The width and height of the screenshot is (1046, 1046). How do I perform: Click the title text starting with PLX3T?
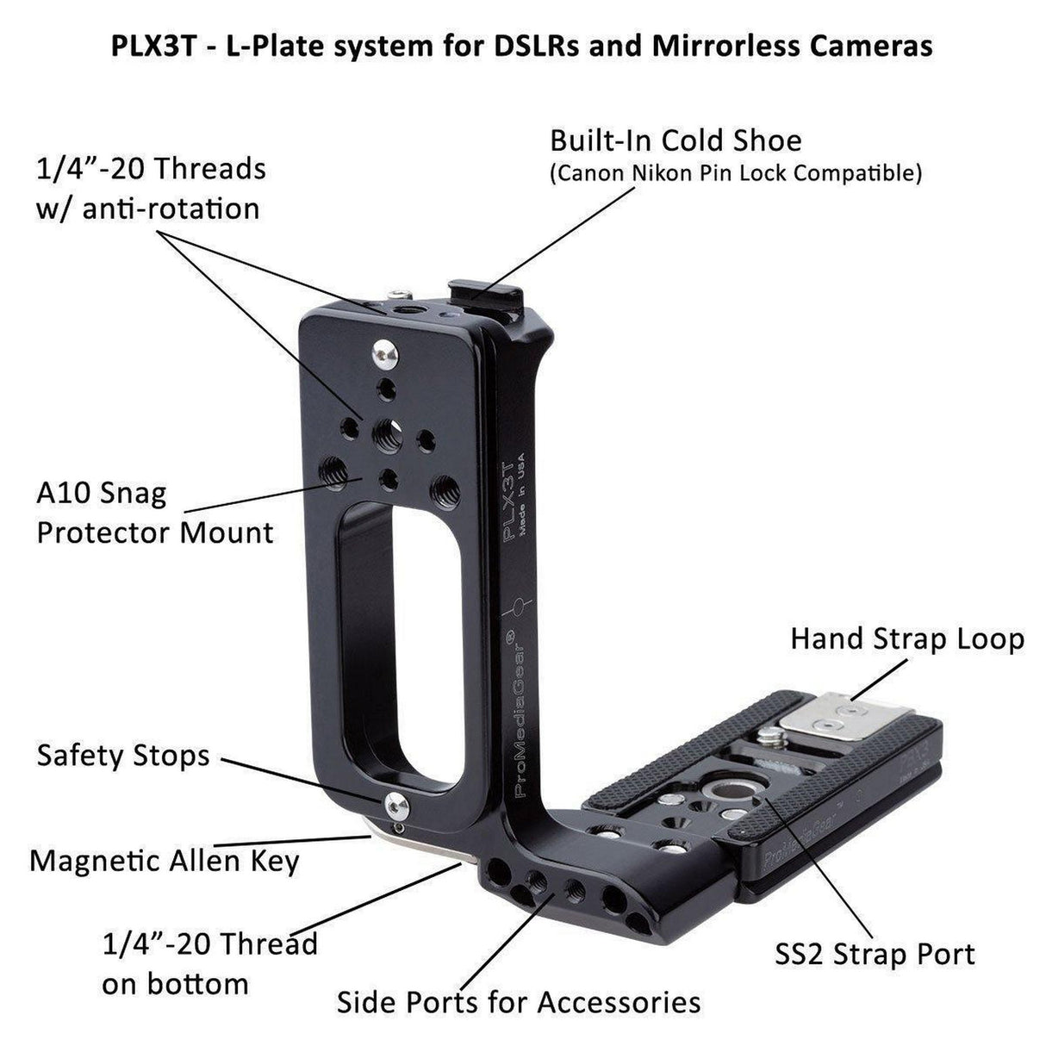coord(522,45)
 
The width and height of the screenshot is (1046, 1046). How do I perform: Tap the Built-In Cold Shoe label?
coord(676,140)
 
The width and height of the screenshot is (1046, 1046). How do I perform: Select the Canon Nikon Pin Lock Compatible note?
coord(736,173)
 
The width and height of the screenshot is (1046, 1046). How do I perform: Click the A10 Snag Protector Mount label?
coord(155,514)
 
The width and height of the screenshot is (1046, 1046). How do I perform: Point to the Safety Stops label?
coord(123,756)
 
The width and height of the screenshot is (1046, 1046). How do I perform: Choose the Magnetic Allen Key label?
coord(165,860)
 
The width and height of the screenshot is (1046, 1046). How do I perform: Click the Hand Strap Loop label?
coord(907,638)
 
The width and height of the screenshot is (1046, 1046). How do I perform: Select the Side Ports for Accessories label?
coord(518,1002)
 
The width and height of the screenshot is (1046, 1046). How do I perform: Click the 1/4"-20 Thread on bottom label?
coord(209,963)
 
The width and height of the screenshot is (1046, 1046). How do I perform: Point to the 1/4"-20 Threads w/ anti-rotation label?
coord(150,188)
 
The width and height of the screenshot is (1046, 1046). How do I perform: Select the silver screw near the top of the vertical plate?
coord(385,351)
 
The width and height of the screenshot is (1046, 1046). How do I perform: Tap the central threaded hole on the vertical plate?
coord(385,428)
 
